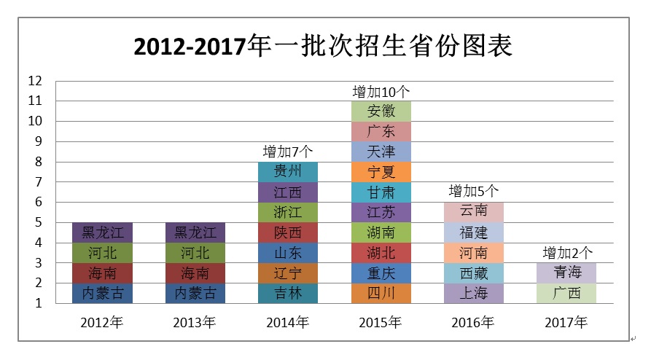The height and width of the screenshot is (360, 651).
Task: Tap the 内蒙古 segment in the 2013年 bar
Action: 195,293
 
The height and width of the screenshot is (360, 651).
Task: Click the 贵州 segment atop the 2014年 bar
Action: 287,172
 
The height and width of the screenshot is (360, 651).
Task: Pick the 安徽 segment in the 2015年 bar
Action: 381,111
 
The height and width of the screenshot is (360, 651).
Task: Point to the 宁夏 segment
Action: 381,172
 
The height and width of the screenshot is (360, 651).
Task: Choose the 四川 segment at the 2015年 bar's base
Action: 381,293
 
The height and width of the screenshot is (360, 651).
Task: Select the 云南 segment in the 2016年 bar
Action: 473,212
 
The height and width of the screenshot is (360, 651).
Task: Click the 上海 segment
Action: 473,293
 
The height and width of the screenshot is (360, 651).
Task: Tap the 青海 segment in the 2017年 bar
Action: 567,273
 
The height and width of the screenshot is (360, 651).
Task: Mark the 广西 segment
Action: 567,293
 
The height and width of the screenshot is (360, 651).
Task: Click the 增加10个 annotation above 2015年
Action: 381,92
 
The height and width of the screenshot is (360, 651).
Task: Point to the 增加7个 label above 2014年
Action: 287,152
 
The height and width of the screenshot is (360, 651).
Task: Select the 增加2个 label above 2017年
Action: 567,253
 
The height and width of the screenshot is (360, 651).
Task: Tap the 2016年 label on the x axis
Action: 473,321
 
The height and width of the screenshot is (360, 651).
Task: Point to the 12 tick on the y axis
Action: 35,81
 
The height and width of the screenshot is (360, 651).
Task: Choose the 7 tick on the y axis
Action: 38,182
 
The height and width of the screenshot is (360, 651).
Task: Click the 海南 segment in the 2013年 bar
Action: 195,273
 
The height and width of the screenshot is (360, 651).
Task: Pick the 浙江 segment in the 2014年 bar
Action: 287,212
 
